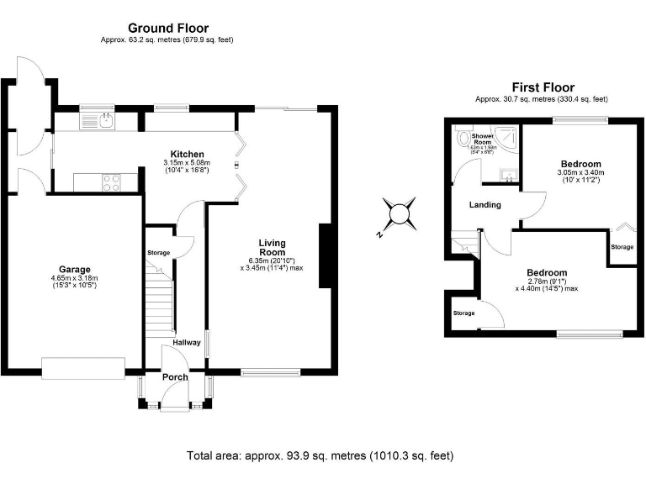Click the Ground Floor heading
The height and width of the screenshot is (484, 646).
[167, 29]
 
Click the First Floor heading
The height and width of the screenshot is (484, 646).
[543, 87]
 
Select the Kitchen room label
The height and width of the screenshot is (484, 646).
[187, 154]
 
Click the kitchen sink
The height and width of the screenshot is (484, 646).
[98, 121]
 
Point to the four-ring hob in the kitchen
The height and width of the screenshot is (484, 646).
[111, 181]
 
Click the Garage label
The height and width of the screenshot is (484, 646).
[71, 270]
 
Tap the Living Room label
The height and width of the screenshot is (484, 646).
[272, 247]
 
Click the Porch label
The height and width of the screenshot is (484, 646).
[175, 376]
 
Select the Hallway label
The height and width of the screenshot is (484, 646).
[187, 342]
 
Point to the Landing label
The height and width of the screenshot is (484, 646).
[484, 204]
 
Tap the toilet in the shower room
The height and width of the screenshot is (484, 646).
[462, 139]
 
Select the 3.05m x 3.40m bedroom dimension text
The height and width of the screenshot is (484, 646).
[580, 174]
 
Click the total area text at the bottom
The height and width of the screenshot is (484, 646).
[320, 455]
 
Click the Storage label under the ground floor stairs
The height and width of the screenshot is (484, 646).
[158, 253]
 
